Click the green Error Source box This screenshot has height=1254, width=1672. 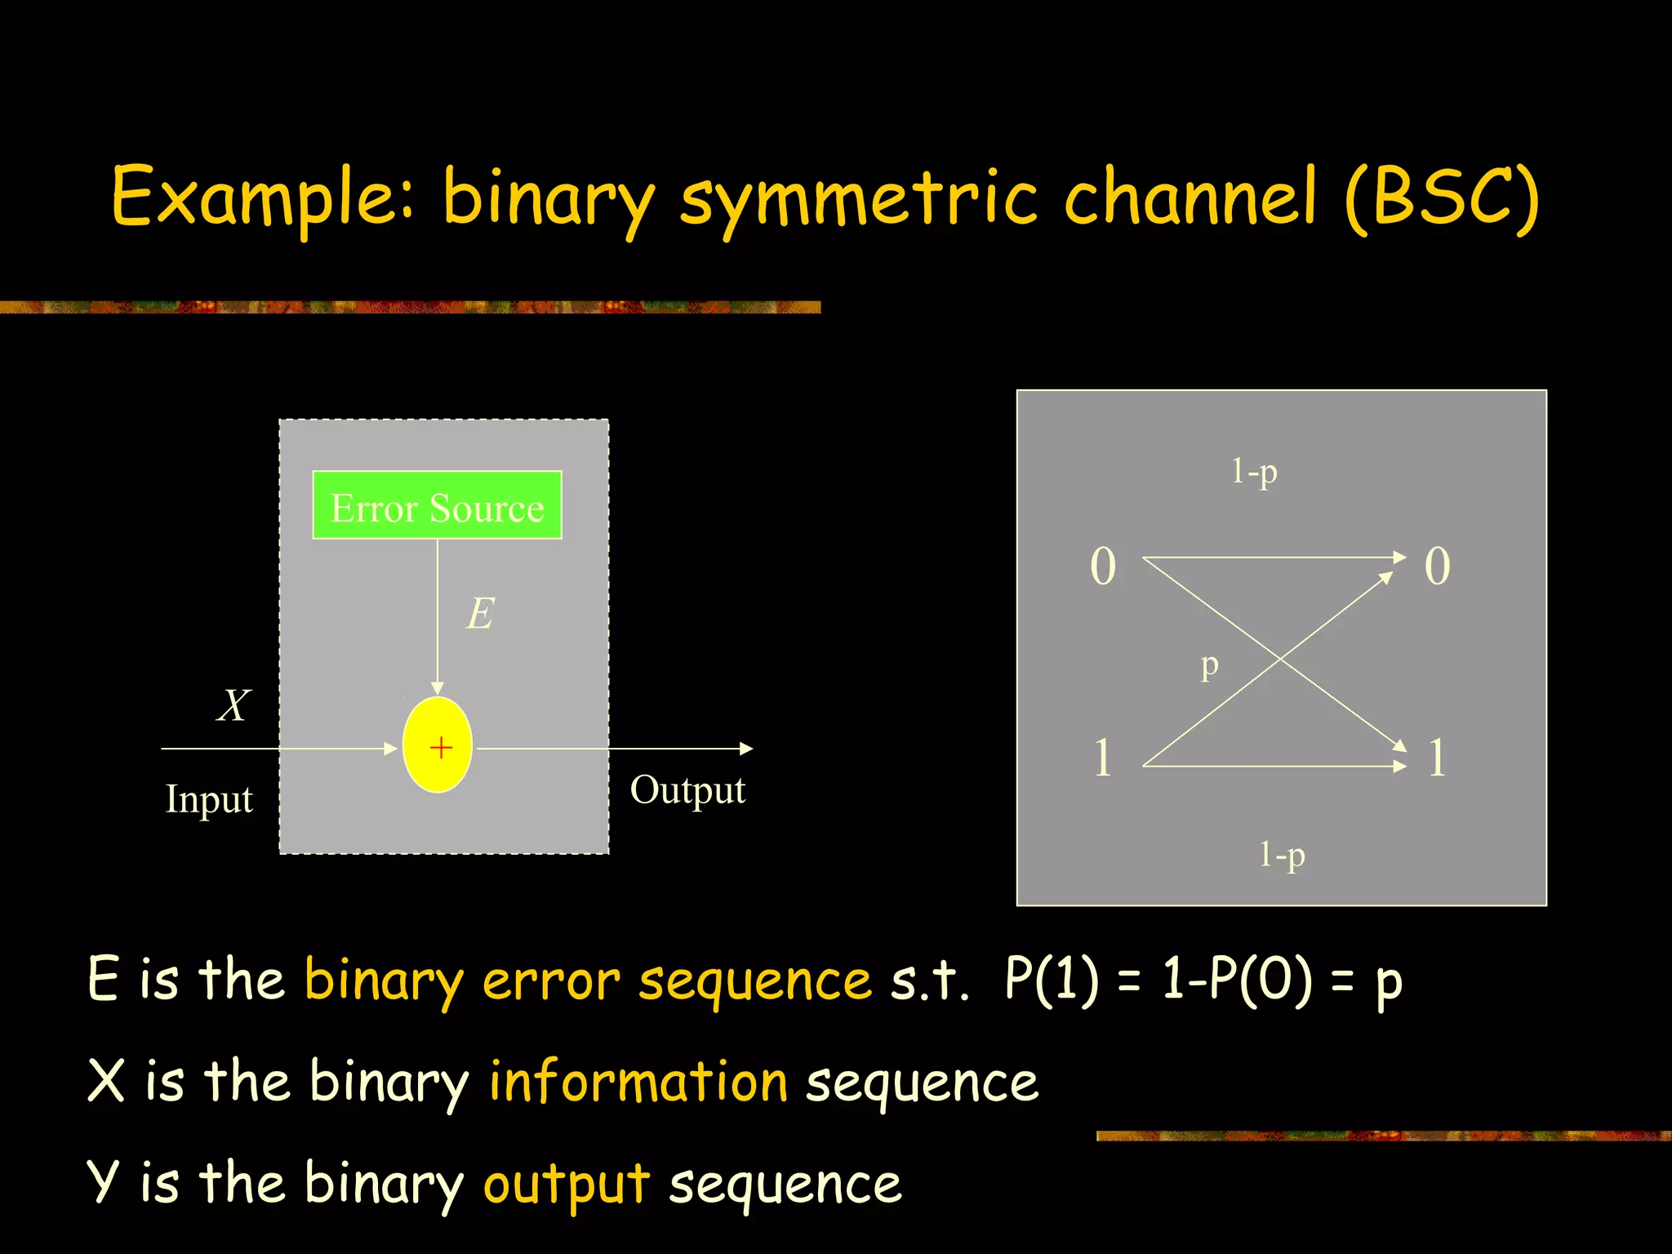(437, 505)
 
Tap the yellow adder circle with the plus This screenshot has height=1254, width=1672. (438, 745)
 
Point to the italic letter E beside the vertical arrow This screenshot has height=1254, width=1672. (480, 613)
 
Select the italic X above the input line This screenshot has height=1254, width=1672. (233, 705)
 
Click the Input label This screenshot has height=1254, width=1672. (209, 799)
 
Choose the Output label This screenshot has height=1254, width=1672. (687, 790)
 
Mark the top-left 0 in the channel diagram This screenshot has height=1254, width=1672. (1103, 566)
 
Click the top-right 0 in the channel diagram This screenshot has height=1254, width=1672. (1437, 566)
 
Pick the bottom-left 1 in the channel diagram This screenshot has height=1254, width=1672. (1103, 758)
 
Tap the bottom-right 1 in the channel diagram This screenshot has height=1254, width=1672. (1437, 758)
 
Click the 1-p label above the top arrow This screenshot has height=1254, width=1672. (1254, 472)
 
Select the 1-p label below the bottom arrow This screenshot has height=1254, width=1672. (1282, 855)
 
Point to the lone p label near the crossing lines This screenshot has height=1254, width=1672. (1209, 666)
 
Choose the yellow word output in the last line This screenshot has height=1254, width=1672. (566, 1185)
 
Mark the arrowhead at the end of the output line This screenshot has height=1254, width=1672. (746, 748)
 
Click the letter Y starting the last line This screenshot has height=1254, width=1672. (104, 1182)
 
